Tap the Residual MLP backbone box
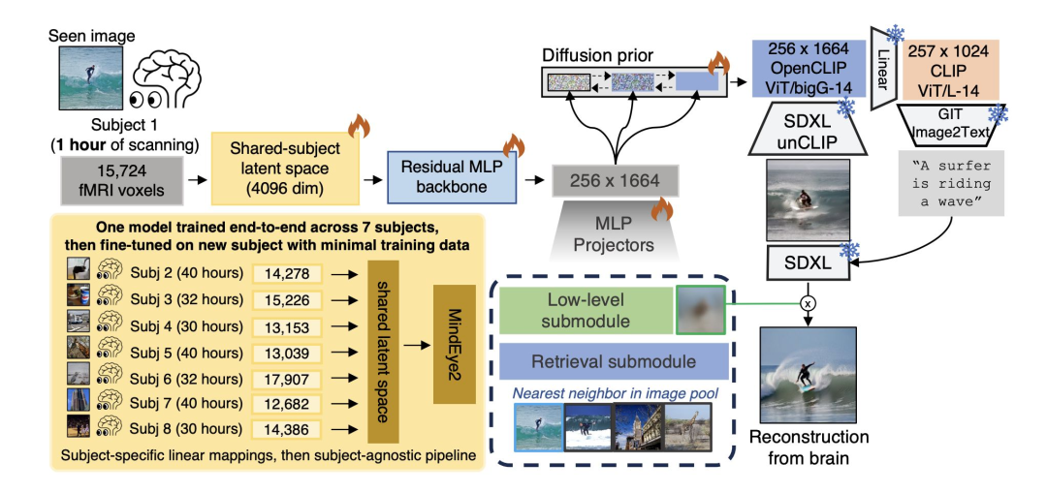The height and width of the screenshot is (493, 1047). coord(452,176)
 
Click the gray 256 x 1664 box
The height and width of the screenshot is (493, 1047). coord(615,179)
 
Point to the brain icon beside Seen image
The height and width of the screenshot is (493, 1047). coord(164,80)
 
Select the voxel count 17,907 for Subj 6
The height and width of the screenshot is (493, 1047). coord(286,380)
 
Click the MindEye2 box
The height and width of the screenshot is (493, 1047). coord(454,344)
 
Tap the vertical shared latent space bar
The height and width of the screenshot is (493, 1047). coord(383,352)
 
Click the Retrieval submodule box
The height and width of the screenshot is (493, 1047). coord(614,362)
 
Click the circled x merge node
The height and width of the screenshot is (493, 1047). coord(808,303)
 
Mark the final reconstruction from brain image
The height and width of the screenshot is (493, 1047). coord(808,375)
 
